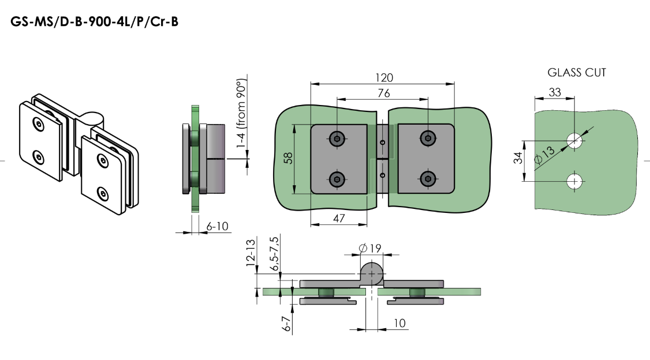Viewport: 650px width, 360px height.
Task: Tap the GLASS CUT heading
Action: pos(576,73)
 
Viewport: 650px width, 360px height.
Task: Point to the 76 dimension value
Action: pos(383,93)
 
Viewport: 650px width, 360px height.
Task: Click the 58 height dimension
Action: pos(287,159)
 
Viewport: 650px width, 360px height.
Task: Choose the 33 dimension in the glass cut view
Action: pos(555,92)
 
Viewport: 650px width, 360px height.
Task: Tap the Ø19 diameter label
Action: pos(372,248)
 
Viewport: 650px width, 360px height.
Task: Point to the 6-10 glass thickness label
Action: pos(216,227)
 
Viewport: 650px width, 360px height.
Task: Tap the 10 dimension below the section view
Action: pos(399,323)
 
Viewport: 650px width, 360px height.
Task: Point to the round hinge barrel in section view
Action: pos(372,272)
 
